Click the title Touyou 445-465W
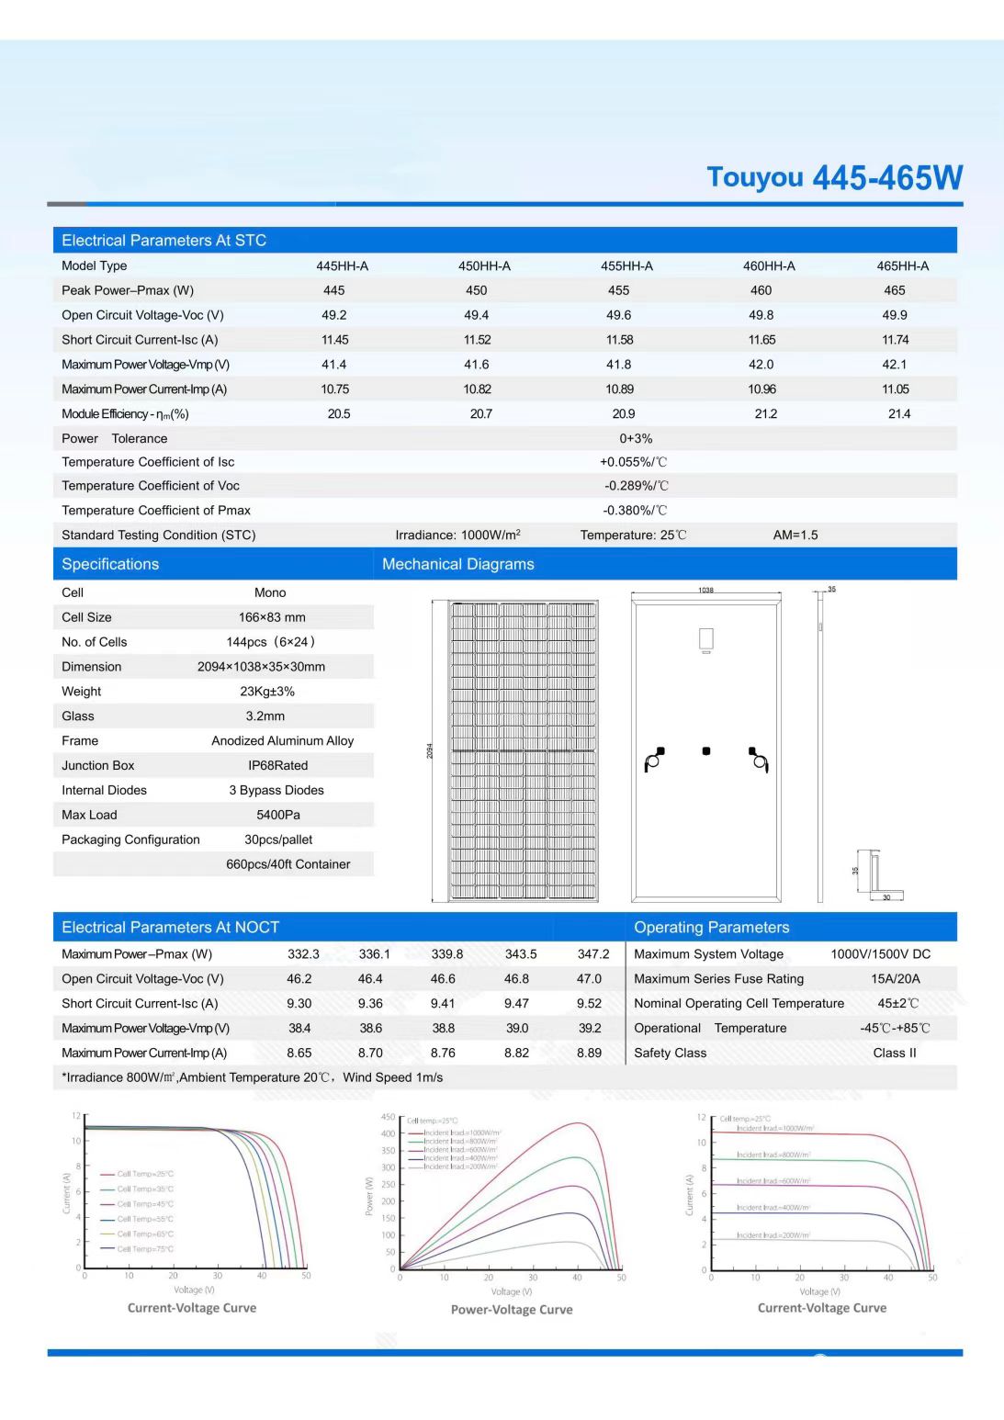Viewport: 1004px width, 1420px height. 834,177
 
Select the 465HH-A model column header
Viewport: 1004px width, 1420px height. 902,266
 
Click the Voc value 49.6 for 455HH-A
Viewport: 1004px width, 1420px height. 618,315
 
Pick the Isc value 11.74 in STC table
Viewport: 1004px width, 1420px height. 895,340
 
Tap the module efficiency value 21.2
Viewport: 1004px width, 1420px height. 765,414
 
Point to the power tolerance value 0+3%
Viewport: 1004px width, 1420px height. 636,439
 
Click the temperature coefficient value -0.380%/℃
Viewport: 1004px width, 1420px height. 635,511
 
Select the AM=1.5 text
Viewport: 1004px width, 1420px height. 795,535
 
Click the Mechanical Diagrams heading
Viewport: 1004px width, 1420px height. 457,564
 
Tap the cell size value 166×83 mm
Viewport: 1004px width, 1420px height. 272,617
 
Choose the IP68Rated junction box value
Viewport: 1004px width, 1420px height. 277,765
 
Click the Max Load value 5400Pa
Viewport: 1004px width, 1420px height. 277,815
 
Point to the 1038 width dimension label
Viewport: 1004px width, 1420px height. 705,590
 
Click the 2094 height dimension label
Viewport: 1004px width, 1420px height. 430,750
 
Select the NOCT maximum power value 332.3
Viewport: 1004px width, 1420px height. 303,954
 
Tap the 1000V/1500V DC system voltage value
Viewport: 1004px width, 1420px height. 880,954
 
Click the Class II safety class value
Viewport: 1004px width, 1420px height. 894,1053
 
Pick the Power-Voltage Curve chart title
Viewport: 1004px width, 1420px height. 512,1310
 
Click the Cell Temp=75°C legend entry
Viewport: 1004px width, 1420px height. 144,1249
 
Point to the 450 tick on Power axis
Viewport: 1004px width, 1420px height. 388,1118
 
